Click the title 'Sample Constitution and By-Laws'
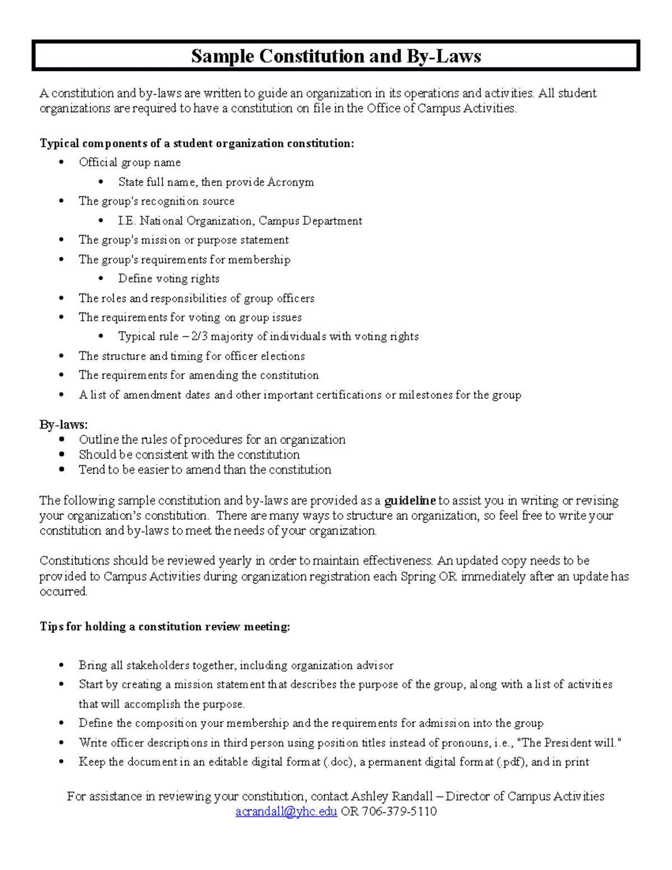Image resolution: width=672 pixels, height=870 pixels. point(335,56)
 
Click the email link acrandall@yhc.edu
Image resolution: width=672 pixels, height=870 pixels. point(286,811)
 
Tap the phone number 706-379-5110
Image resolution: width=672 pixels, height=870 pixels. point(399,811)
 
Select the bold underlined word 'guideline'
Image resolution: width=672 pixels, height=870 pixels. point(410,500)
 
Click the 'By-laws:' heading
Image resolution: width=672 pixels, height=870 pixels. point(63,425)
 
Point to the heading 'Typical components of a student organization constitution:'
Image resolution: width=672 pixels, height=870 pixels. point(197,143)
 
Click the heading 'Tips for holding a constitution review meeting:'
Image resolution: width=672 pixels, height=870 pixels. point(165,626)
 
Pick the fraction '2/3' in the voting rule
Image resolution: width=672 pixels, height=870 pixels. point(199,337)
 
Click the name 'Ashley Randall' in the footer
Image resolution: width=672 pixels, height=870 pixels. point(392,796)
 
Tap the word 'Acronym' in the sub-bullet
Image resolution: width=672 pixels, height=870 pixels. point(290,182)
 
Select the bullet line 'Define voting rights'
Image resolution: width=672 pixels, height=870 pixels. point(169,278)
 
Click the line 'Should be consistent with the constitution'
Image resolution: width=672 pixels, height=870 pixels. point(189,454)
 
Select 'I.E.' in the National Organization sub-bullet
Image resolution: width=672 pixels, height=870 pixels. point(127,221)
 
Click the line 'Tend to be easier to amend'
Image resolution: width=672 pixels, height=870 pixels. point(204,469)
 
